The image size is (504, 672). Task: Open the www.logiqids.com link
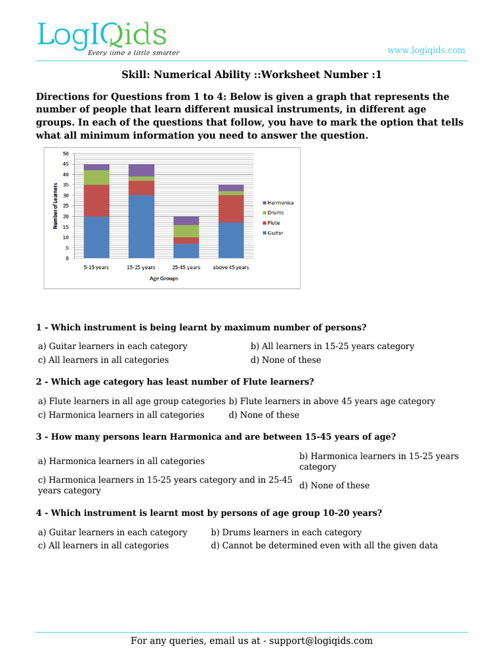(426, 51)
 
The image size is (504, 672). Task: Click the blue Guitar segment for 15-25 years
(141, 226)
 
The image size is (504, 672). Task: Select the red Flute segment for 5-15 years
(96, 200)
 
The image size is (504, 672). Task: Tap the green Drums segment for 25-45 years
(186, 231)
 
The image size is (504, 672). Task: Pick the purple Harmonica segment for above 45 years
(231, 188)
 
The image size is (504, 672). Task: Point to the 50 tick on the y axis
(66, 154)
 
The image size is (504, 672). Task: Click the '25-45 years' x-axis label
(186, 268)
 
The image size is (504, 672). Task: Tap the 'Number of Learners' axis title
(55, 205)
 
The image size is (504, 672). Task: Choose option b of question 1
(332, 346)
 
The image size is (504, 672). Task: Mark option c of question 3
(165, 485)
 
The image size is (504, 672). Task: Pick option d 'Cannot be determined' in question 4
(324, 545)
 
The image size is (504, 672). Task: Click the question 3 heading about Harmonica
(216, 437)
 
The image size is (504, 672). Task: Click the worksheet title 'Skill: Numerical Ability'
(251, 75)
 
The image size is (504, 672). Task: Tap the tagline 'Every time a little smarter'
(133, 52)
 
